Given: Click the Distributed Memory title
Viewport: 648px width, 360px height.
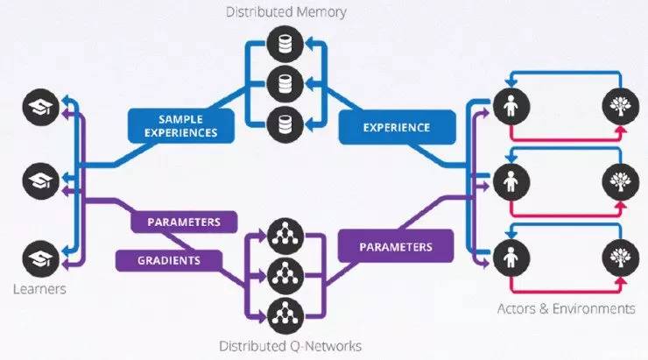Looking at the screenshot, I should click(x=285, y=12).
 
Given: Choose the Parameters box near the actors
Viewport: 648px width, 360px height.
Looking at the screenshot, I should click(x=395, y=247).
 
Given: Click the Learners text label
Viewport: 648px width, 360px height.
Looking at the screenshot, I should click(x=40, y=288).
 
